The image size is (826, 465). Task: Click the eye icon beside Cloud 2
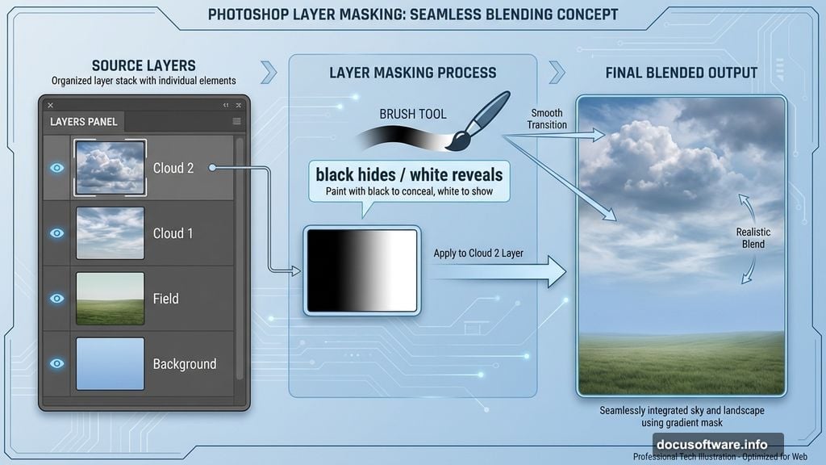point(56,168)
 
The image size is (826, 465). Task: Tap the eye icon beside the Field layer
point(56,298)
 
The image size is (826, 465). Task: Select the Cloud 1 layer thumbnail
point(111,233)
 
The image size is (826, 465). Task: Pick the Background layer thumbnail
point(111,363)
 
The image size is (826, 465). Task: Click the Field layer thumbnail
point(111,299)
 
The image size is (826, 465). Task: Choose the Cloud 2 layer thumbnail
point(111,168)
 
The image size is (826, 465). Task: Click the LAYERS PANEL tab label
point(84,122)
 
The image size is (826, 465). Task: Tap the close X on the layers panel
point(50,105)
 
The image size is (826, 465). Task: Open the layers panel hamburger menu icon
point(236,122)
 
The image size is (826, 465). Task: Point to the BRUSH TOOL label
point(413,114)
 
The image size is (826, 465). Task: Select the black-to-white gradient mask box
point(361,270)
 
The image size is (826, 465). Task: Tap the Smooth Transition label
point(547,119)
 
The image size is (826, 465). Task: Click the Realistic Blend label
point(753,237)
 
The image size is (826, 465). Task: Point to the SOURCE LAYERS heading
point(144,65)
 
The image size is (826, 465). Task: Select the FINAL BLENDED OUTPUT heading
point(682,73)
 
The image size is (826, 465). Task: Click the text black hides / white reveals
point(409,174)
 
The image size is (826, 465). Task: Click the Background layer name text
point(185,364)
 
